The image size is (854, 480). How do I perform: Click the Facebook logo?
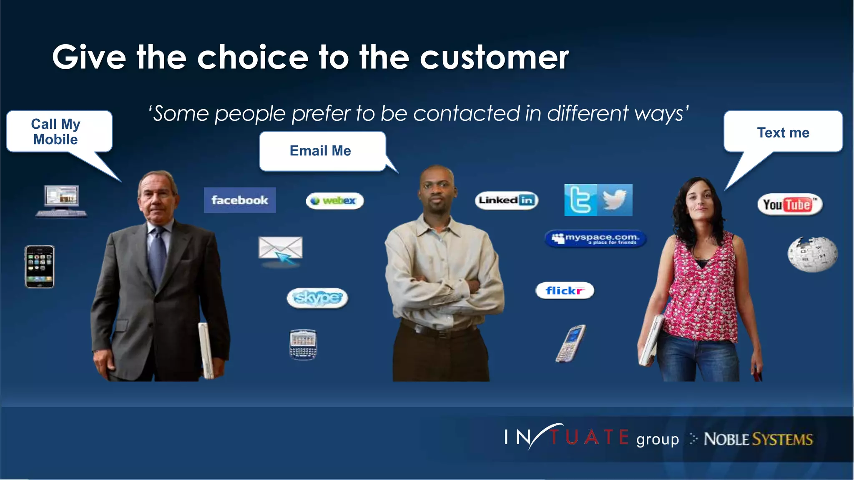240,200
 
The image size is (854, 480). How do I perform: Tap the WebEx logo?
335,201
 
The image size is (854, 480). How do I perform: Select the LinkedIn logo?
506,200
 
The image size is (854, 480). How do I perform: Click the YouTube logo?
789,205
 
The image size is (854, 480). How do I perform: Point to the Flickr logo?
565,290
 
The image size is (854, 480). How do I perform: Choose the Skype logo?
317,298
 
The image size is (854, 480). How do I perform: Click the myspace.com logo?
595,239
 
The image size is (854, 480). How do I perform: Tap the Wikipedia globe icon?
812,254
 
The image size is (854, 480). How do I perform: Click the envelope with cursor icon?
280,250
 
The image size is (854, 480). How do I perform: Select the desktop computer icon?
62,201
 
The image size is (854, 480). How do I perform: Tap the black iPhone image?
40,266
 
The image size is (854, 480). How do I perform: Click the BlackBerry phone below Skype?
303,344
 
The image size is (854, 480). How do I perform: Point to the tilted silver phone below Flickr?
570,343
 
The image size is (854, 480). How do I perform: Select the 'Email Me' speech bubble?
320,151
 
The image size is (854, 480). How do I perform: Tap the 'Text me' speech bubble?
783,132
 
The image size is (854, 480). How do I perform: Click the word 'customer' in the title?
494,57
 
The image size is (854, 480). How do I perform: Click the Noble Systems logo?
758,439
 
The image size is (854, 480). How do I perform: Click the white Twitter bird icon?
615,200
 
